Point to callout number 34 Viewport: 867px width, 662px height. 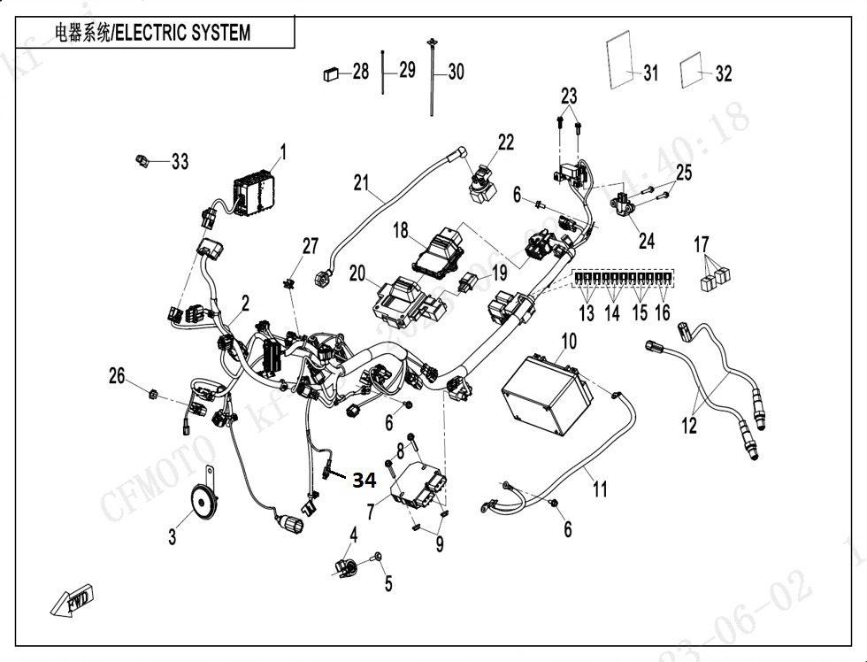coord(364,481)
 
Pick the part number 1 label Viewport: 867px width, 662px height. coord(283,153)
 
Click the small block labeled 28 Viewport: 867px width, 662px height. coord(332,73)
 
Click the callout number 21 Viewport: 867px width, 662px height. coord(360,182)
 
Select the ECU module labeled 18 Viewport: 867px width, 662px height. coord(439,249)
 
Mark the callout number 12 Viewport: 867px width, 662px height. coord(689,425)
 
